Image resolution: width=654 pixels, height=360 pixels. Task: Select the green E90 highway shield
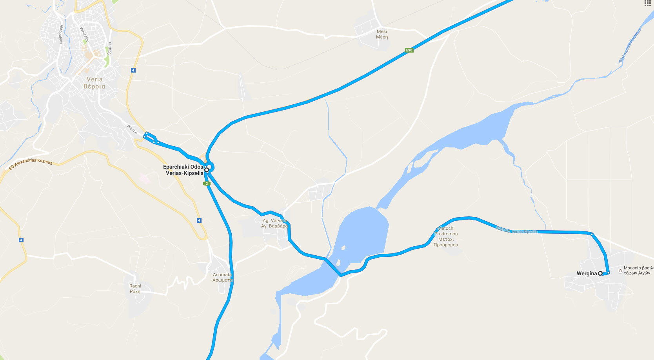point(409,50)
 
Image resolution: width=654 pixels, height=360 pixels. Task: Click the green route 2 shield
point(207,184)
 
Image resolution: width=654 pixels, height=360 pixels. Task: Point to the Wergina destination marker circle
point(600,273)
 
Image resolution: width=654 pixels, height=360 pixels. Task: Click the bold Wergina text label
point(587,274)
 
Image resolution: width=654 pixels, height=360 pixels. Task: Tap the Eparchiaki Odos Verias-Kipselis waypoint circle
point(207,170)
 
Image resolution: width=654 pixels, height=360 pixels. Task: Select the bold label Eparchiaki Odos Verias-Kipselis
point(183,170)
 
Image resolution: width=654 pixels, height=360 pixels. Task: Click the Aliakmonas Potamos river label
point(630,45)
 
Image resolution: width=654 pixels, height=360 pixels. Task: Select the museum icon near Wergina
point(620,271)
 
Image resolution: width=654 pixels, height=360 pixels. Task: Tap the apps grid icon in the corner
point(647,4)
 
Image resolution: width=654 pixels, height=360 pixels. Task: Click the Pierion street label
point(132,129)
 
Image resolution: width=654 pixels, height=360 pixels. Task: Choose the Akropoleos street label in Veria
point(61,34)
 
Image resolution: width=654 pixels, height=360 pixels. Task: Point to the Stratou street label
point(110,48)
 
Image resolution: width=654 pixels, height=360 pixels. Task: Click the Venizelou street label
point(84,35)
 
